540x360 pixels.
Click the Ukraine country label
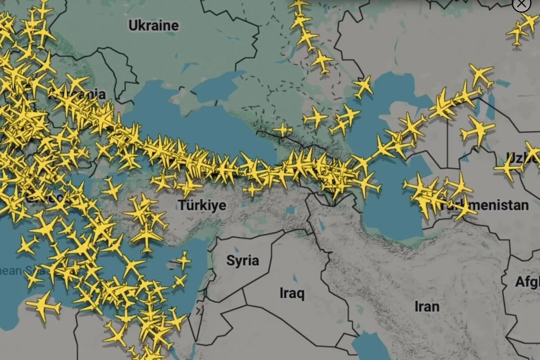[153, 26]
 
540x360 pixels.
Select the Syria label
[243, 261]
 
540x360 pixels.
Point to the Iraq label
[292, 294]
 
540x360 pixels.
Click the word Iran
[427, 307]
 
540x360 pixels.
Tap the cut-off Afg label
[527, 282]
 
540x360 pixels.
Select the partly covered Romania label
[90, 94]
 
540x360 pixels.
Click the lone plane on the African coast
[43, 306]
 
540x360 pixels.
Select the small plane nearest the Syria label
[183, 260]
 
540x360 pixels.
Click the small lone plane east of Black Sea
[282, 130]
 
